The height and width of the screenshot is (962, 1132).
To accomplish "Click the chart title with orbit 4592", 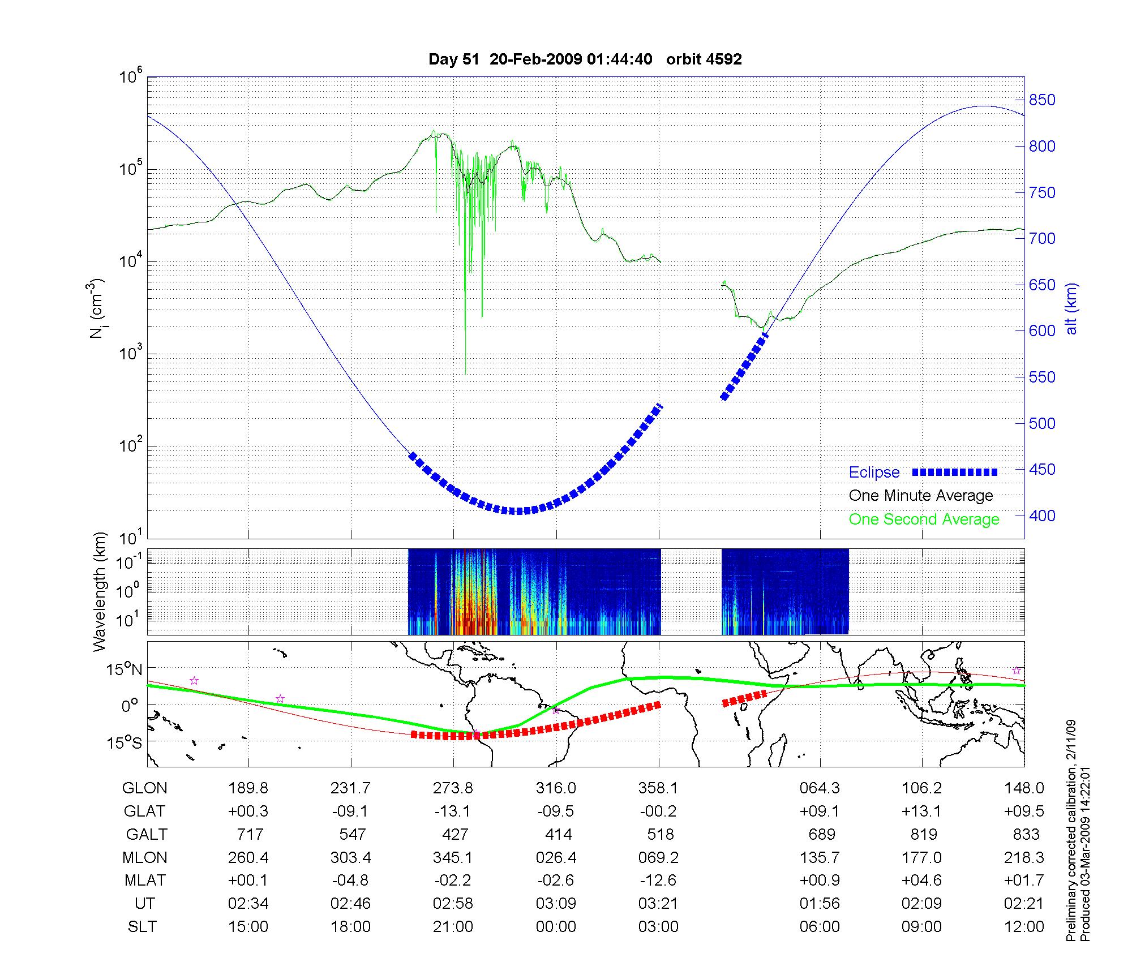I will coord(585,59).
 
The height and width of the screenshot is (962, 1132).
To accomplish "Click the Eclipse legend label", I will coord(874,473).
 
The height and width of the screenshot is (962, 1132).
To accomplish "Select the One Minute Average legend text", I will coord(921,496).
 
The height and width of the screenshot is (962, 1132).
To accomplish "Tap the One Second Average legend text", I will coord(924,519).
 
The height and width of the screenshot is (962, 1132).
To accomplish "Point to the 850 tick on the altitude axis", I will coord(1041,101).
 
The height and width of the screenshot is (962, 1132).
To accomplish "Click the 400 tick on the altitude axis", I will coord(1041,516).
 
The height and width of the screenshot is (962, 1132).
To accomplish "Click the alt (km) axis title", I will coord(1071,308).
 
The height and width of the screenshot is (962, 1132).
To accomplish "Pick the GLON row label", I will coord(145,788).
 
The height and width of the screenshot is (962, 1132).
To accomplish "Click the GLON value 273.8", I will coord(453,788).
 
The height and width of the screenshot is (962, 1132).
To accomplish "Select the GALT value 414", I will coord(557,835).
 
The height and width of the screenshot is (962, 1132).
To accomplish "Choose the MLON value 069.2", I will coord(658,858).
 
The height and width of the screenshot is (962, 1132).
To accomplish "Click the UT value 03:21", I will coord(658,904).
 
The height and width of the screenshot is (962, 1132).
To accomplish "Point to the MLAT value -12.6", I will coord(658,881).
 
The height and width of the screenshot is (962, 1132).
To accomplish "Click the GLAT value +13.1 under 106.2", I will coord(922,811).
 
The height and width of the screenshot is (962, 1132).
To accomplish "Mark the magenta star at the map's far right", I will coord(1017,671).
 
